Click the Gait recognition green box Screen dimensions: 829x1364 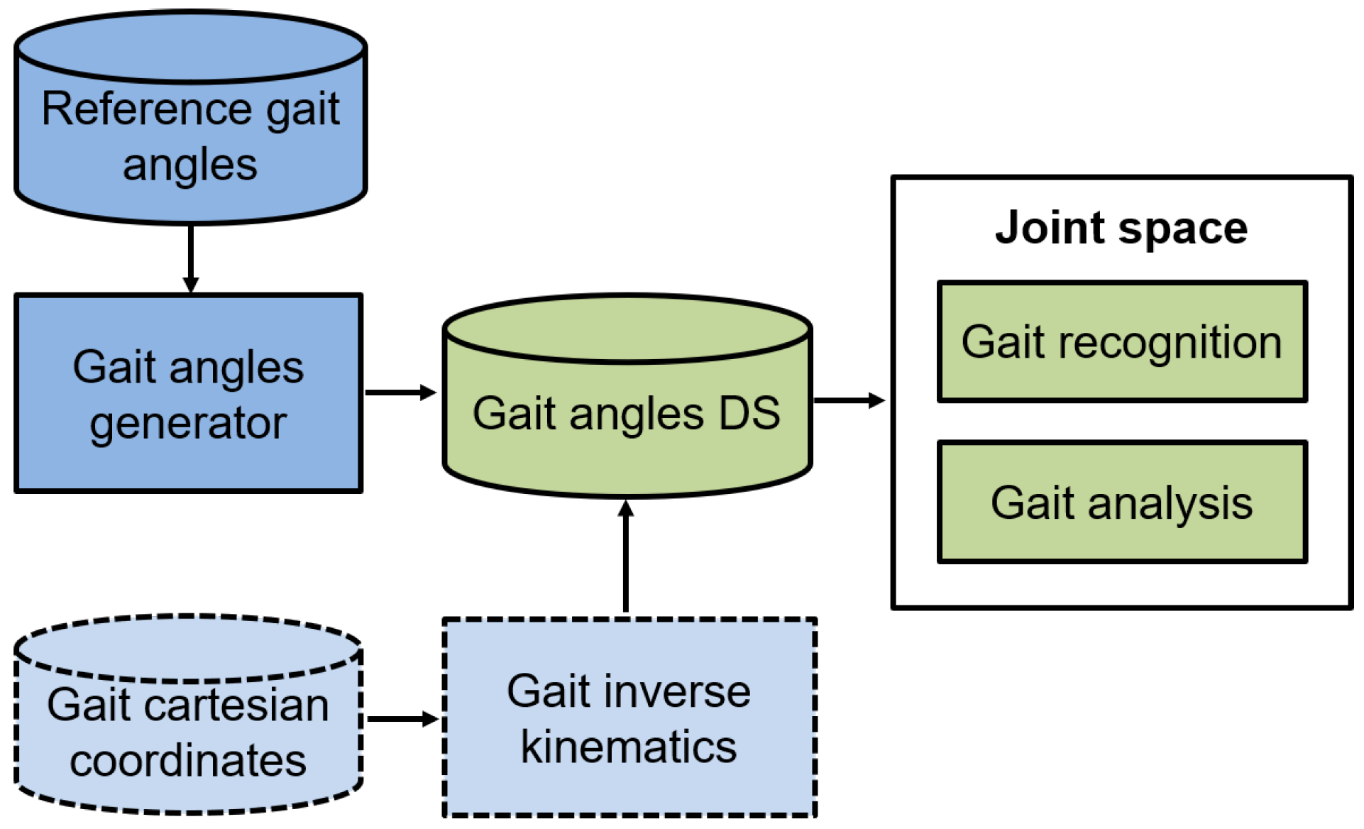1121,342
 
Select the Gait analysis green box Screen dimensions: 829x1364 1121,503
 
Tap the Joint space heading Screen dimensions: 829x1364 1121,228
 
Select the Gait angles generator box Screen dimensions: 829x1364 188,394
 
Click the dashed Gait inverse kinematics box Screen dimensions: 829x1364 629,718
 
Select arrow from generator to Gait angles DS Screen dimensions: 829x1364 400,392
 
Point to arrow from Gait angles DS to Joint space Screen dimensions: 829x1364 848,400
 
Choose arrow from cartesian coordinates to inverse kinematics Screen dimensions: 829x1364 402,719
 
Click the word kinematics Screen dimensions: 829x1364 629,747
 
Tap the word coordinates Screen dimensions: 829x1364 188,761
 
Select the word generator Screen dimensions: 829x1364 188,424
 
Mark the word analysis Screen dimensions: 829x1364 1170,504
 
